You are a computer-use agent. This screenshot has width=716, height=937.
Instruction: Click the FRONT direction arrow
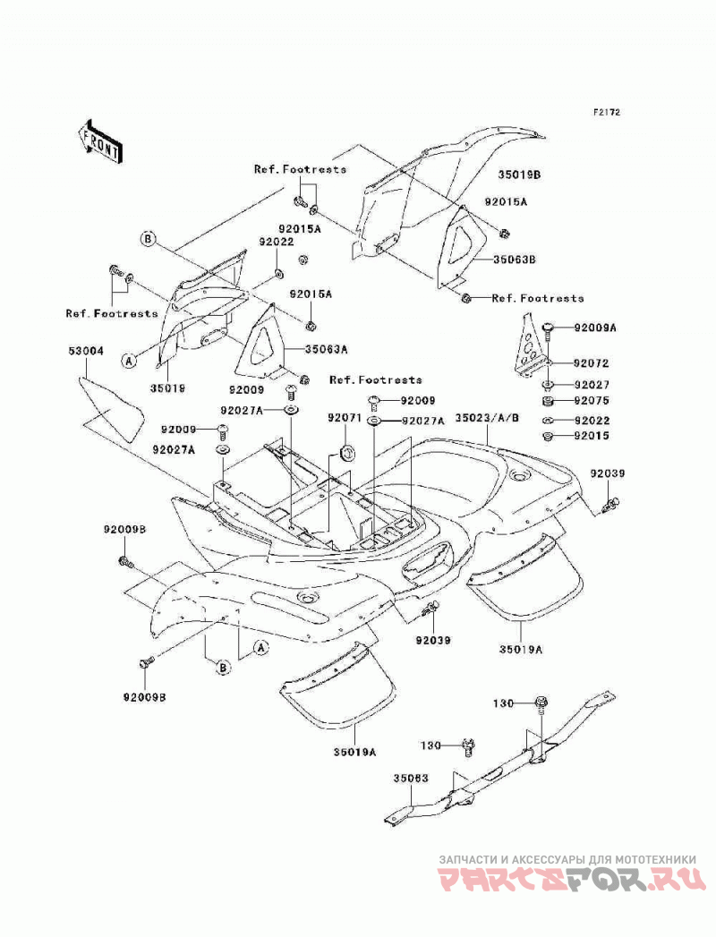pos(98,141)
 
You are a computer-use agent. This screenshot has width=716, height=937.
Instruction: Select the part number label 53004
pos(85,351)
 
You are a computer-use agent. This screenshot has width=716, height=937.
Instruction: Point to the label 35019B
pos(519,175)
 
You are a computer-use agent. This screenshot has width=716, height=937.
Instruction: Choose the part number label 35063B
pos(514,260)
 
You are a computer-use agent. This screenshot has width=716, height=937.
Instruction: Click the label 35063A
pos(327,350)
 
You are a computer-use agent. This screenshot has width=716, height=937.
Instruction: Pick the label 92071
pos(345,417)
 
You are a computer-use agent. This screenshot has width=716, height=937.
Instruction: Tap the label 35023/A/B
pos(487,418)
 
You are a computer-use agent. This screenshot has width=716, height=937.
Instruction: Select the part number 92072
pos(591,362)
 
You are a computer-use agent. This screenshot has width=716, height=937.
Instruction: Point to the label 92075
pos(592,400)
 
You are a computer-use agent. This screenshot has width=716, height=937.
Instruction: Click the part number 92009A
pos(595,328)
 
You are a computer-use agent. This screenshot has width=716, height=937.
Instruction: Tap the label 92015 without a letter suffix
pos(592,436)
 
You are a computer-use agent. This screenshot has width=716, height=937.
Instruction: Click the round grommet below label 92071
pos(346,452)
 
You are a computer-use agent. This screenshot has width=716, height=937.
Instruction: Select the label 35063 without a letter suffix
pos(412,779)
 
